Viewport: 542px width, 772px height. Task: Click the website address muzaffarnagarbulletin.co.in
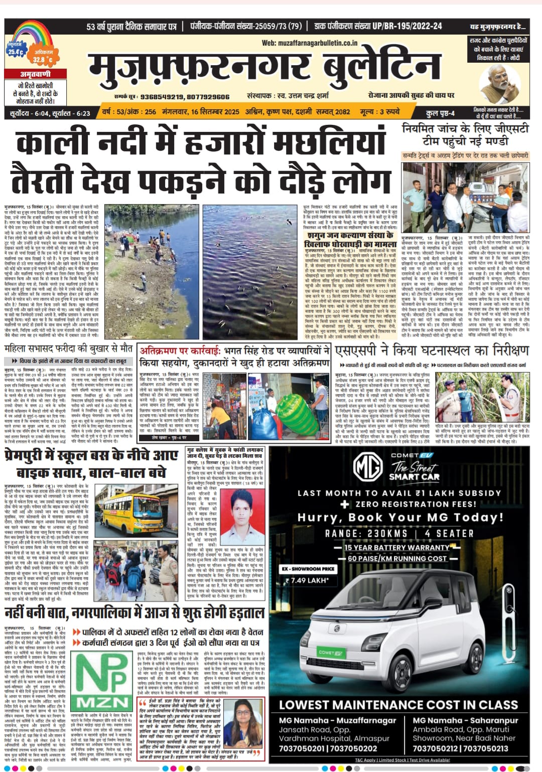pyautogui.click(x=310, y=43)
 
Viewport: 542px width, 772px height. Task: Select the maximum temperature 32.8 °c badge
pyautogui.click(x=43, y=57)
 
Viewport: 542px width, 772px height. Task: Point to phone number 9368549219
pyautogui.click(x=161, y=97)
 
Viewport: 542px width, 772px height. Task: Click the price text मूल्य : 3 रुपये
pyautogui.click(x=380, y=111)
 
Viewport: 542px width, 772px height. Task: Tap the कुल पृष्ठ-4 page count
pyautogui.click(x=440, y=113)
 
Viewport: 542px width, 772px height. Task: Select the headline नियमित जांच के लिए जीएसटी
pyautogui.click(x=465, y=129)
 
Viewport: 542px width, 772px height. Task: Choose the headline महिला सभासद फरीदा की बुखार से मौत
pyautogui.click(x=69, y=348)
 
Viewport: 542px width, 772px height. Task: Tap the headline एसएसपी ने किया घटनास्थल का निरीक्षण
pyautogui.click(x=432, y=350)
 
